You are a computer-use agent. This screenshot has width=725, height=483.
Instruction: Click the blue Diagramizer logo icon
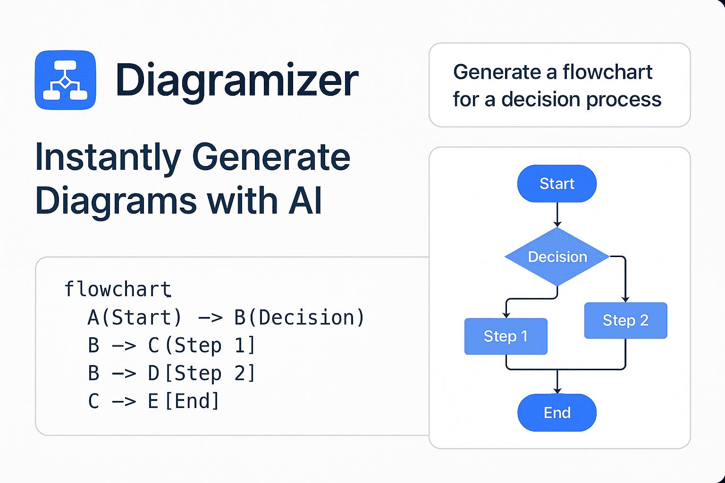click(x=65, y=80)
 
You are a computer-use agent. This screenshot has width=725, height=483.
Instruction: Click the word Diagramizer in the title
click(x=236, y=81)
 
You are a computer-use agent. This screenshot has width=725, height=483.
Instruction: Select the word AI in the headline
click(x=305, y=200)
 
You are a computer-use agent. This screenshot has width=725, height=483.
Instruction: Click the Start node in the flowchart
click(x=557, y=183)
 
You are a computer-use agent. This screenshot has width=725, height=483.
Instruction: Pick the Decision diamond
click(x=557, y=257)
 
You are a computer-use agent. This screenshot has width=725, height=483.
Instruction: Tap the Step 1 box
click(x=506, y=336)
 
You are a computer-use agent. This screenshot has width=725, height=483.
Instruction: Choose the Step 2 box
click(x=625, y=321)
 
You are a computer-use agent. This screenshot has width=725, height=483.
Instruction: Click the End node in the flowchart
click(x=557, y=413)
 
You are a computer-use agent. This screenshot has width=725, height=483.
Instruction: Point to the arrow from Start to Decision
click(x=557, y=215)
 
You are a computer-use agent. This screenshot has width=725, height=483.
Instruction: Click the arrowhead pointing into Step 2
click(x=625, y=299)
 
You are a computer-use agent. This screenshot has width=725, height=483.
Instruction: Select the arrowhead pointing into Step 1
click(x=506, y=315)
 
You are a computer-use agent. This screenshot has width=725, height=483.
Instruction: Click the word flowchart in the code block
click(x=118, y=289)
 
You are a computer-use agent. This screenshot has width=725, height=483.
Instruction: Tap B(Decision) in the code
click(x=299, y=317)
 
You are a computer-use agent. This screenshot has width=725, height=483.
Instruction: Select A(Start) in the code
click(x=135, y=317)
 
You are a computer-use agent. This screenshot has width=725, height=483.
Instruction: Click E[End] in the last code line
click(x=184, y=401)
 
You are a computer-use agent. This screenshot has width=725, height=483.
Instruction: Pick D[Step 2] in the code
click(x=202, y=374)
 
